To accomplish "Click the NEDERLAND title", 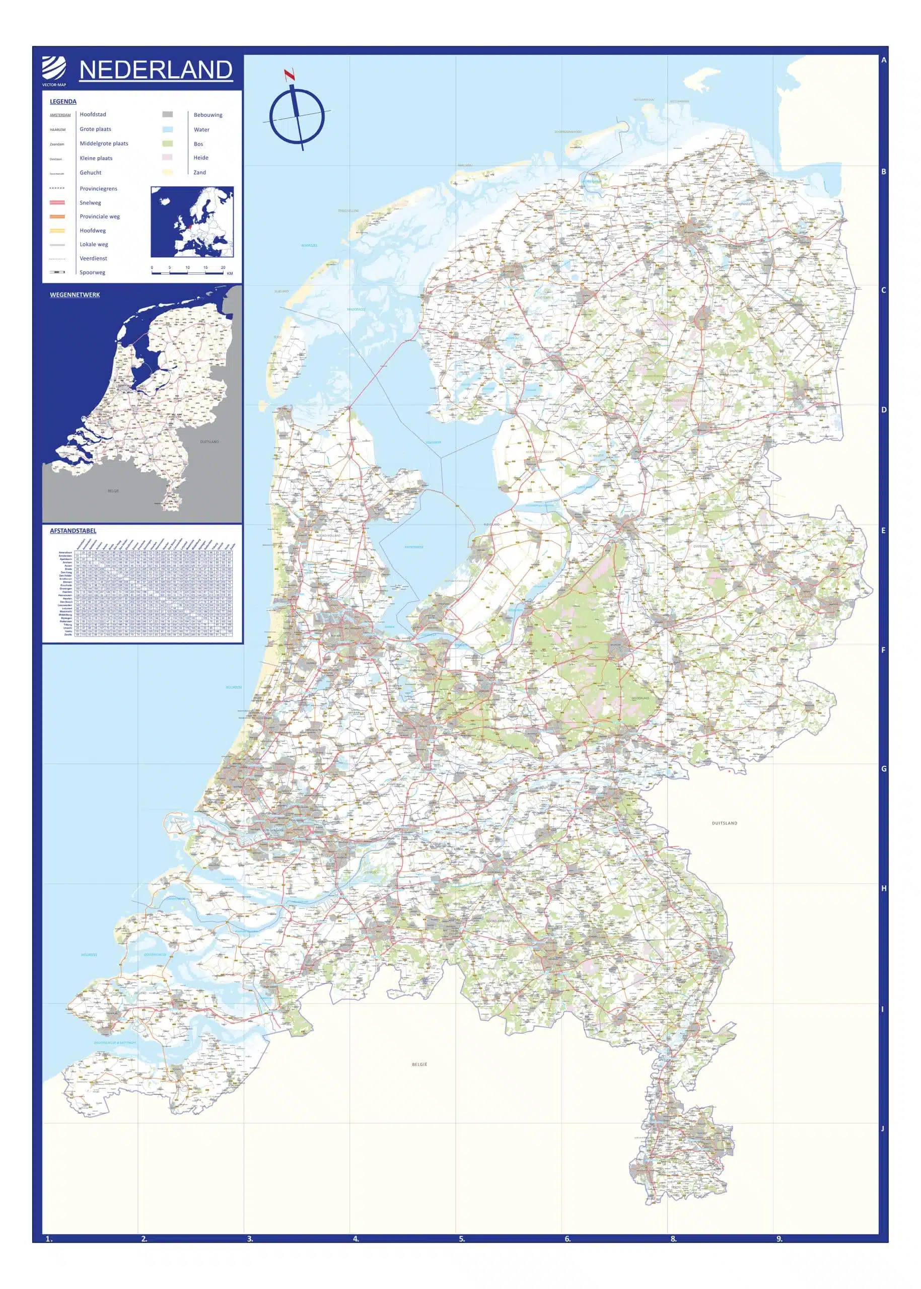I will click(156, 70).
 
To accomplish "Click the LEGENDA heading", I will click(63, 102).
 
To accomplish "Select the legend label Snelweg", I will click(90, 202).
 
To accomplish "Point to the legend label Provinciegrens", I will click(98, 188).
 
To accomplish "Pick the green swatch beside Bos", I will click(167, 144).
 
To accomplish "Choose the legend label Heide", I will click(201, 158).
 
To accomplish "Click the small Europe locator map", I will click(192, 222).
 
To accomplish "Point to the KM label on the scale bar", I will click(230, 273).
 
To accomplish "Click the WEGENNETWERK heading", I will click(75, 295).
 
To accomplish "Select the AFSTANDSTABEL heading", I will click(73, 531).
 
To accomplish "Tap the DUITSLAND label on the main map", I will click(724, 823).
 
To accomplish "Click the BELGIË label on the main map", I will click(419, 1064).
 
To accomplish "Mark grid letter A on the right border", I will click(884, 60).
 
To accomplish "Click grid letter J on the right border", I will click(882, 1128).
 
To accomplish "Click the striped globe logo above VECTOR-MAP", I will click(54, 69).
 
